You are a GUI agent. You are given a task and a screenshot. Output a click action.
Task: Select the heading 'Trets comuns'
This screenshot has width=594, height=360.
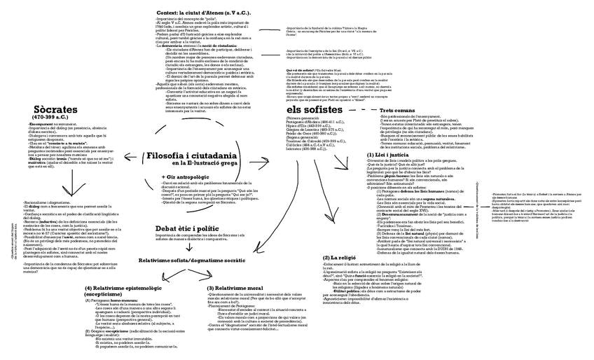tap(402, 111)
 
